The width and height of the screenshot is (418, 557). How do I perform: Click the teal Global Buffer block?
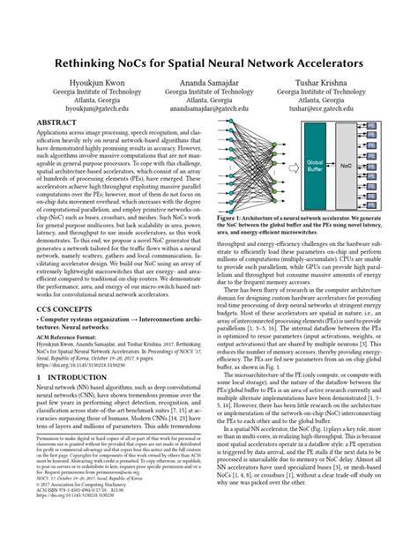(x=314, y=162)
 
